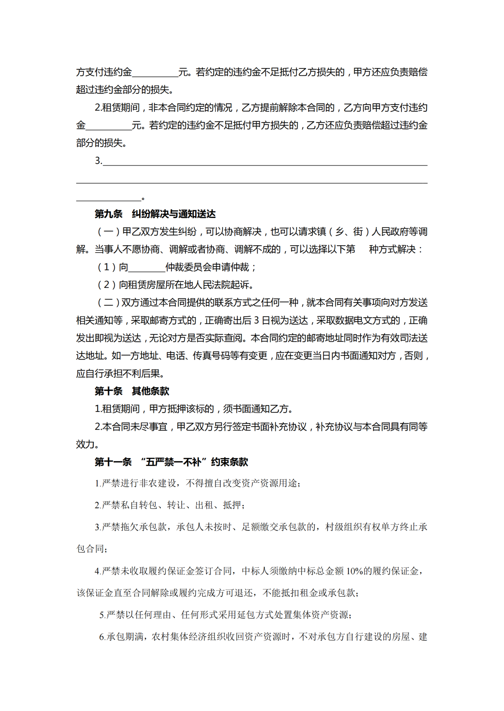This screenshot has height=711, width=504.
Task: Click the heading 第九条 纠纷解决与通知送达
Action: (155, 214)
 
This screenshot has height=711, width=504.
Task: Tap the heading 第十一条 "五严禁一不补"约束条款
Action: (171, 462)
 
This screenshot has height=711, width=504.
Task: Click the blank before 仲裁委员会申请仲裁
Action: (147, 268)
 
